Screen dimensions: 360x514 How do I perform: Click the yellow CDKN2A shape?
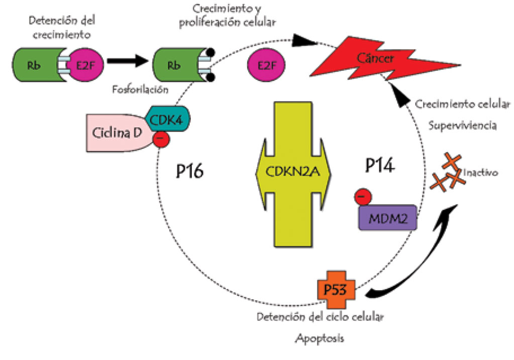click(294, 174)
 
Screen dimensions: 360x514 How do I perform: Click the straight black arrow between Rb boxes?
click(128, 61)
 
